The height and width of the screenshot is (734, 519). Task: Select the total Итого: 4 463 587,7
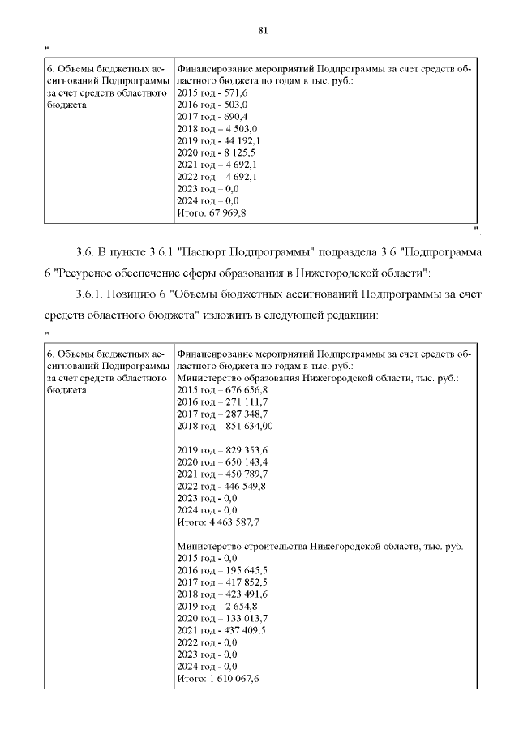217,522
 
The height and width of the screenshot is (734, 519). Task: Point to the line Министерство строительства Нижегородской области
321,547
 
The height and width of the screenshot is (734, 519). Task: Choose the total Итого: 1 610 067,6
217,679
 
